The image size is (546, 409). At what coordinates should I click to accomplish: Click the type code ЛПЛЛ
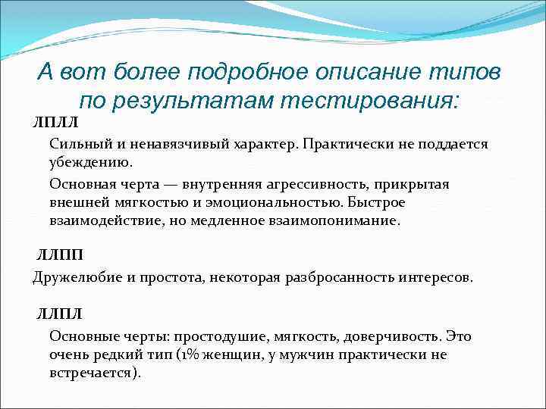pos(55,121)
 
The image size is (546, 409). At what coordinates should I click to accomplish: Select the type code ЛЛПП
pos(61,255)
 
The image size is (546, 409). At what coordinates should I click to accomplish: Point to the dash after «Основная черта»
pos(182,184)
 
